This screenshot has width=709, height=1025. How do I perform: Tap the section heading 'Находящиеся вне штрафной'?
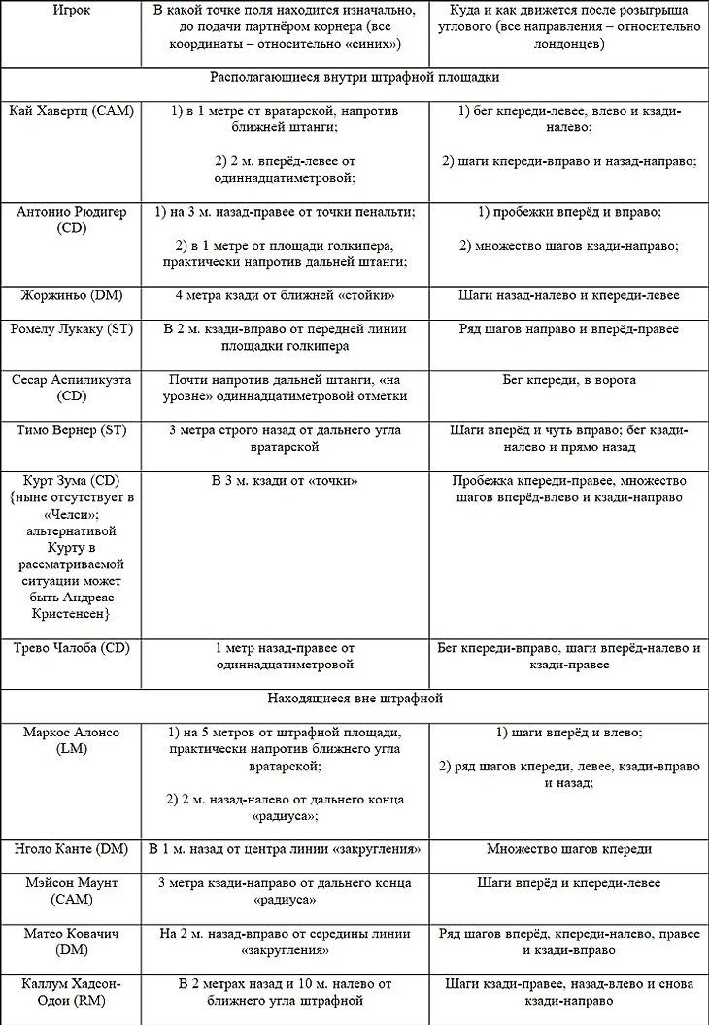(x=354, y=698)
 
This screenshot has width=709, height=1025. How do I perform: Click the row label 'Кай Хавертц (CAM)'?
(x=70, y=111)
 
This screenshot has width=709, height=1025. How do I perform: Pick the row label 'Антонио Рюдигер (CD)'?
(x=70, y=220)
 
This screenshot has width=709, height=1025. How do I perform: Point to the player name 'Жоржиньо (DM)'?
(x=70, y=295)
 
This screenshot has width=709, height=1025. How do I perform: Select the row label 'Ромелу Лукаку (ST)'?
(x=70, y=329)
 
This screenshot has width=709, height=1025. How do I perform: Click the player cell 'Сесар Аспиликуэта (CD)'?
(x=70, y=388)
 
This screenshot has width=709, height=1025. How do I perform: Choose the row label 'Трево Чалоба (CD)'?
(x=70, y=648)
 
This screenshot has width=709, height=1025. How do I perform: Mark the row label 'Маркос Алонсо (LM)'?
(x=70, y=739)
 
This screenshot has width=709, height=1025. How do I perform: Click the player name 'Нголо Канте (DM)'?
(x=70, y=849)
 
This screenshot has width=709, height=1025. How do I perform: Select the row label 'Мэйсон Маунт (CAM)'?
(x=70, y=891)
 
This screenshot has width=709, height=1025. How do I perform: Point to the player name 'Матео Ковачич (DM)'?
(x=70, y=941)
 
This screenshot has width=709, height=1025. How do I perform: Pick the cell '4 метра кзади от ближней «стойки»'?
(x=285, y=295)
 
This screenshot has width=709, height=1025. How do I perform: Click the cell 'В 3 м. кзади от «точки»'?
(x=285, y=481)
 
